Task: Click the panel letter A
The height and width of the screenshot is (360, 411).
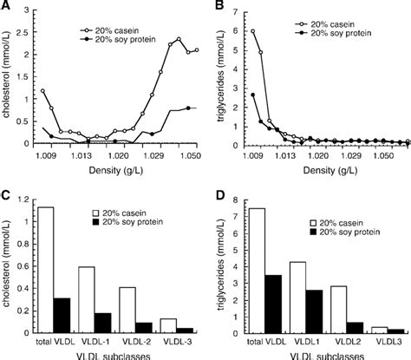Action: pos(6,7)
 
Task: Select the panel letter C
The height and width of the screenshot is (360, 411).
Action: pos(6,194)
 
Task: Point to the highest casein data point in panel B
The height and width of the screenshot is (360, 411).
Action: pos(252,32)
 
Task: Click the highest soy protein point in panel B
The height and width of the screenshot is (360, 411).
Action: pos(252,95)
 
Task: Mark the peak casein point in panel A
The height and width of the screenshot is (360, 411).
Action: pos(178,39)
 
